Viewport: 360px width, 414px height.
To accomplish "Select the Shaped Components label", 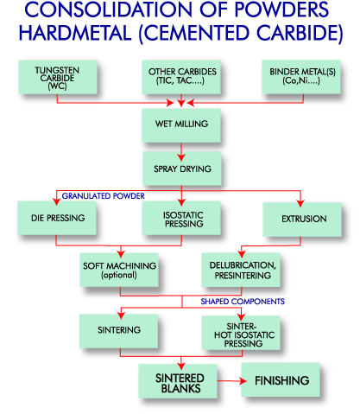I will pos(243,302).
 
